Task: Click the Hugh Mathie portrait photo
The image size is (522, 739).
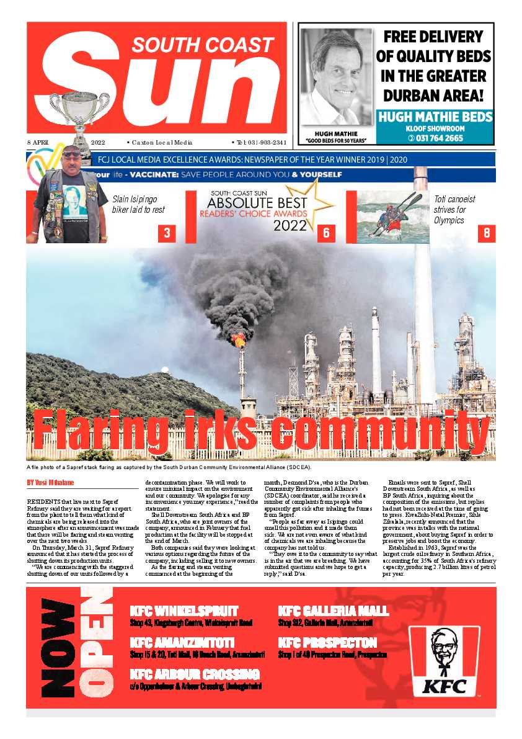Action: coord(336,78)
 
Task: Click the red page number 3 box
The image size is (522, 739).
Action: coord(167,233)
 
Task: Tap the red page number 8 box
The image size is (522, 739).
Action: coord(487,233)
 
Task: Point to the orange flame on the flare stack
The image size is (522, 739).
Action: coord(239,339)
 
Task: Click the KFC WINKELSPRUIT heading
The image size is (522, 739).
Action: coord(184,611)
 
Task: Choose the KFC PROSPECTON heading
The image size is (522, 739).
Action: coord(327,642)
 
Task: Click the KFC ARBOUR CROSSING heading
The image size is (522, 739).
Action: coord(195,674)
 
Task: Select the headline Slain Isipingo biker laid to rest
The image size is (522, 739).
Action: coord(138,204)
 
